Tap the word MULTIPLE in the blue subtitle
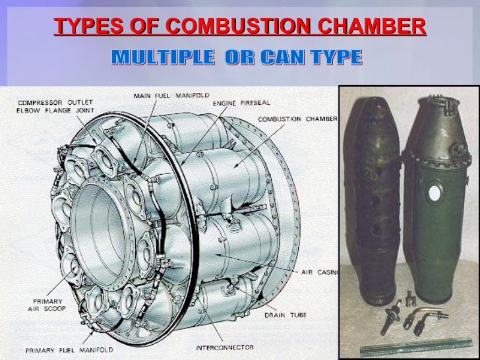(x=164, y=59)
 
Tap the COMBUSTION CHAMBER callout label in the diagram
(x=297, y=120)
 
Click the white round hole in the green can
(x=434, y=194)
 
